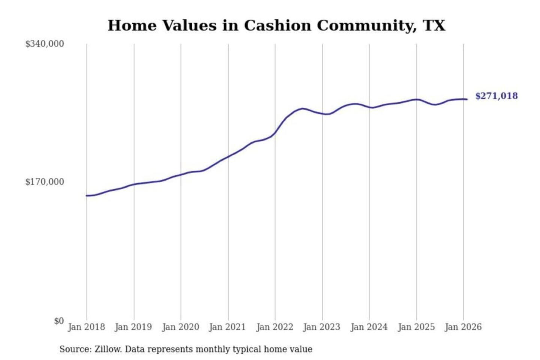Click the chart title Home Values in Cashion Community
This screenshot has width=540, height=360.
[276, 25]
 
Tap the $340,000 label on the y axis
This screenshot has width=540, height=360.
[45, 44]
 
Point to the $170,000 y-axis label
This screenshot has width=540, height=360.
[45, 182]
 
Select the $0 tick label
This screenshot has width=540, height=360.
[59, 321]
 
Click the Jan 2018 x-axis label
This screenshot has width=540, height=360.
[86, 327]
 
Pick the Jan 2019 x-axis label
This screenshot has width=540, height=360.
[133, 327]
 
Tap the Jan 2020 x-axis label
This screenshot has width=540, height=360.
[180, 327]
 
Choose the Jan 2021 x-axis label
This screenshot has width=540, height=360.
[227, 327]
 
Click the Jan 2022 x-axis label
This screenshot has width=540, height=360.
[274, 327]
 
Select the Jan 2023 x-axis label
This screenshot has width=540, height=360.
[321, 327]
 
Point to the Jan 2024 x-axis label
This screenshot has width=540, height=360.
[369, 327]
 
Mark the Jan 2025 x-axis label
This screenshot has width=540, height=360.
[416, 327]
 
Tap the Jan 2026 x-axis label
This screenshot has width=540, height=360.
[463, 327]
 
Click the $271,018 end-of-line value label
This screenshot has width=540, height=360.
[496, 96]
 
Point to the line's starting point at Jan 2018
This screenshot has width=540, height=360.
[87, 196]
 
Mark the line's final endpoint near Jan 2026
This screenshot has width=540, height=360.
[467, 99]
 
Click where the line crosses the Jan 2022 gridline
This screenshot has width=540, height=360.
[275, 133]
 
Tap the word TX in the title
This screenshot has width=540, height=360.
[434, 25]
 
